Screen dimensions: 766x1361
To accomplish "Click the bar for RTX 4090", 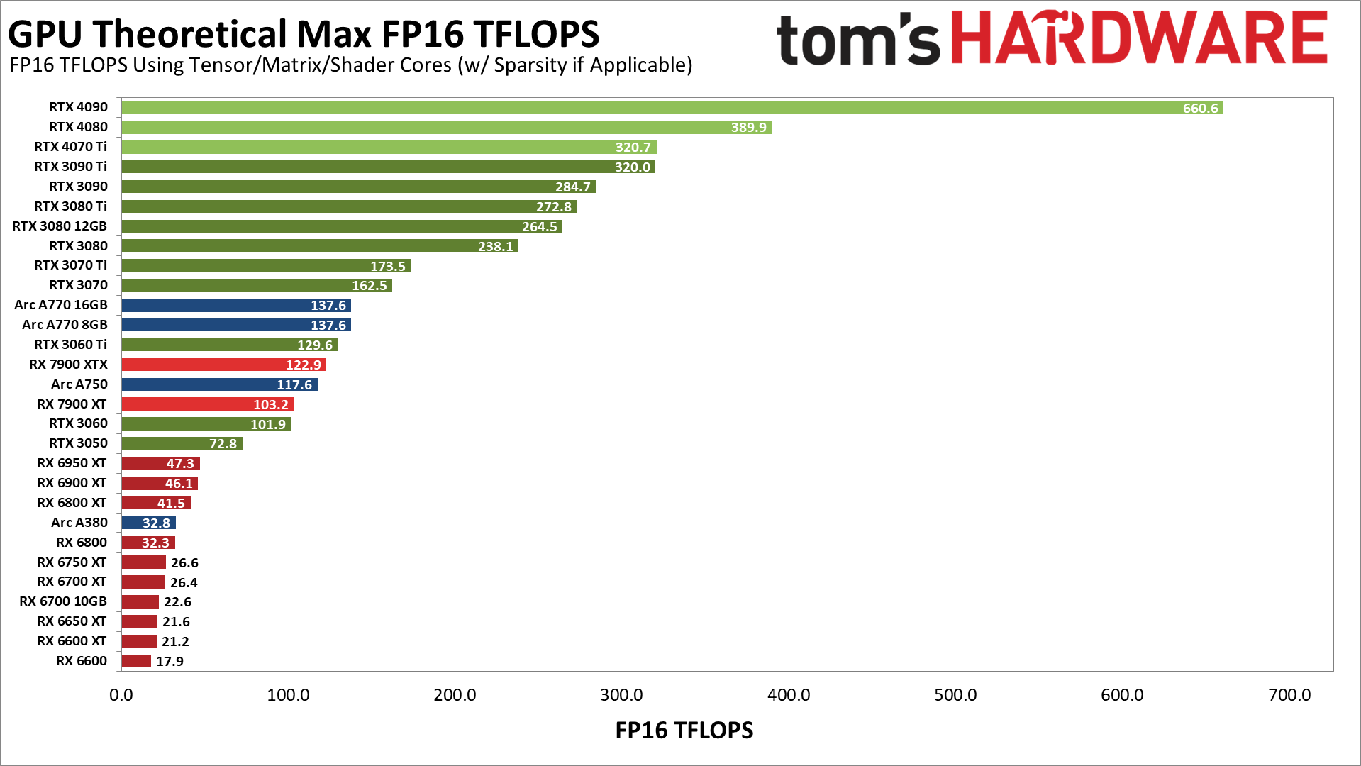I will point(638,108).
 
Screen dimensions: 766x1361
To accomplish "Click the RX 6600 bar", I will point(136,661).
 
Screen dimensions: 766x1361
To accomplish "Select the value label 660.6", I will point(1200,109).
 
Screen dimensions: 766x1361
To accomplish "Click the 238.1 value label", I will point(495,247).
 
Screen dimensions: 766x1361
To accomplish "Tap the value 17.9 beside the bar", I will point(170,662).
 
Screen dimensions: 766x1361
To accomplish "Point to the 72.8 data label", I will point(223,444).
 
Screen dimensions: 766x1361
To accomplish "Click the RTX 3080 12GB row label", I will point(60,226).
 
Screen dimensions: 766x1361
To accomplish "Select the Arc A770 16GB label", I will point(61,305).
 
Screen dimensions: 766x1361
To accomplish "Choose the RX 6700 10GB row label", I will point(63,601).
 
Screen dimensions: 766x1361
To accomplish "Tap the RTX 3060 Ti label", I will point(70,345).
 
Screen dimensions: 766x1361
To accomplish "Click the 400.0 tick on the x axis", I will point(789,695).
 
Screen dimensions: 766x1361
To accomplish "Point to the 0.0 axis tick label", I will point(121,695).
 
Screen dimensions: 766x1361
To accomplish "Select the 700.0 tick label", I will point(1289,695).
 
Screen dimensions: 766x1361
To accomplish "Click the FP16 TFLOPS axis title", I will point(684,731).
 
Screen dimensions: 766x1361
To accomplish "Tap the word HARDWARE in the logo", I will point(1138,39).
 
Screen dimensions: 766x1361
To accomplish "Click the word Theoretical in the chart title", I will point(191,33).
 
